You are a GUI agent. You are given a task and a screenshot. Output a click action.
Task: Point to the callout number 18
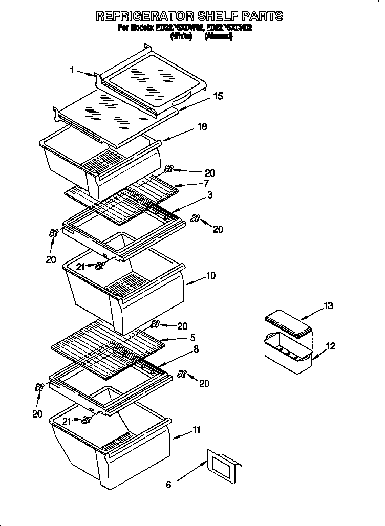(203, 126)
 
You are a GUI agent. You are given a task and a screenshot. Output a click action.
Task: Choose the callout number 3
(210, 195)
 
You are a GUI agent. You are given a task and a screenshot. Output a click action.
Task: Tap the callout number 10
(210, 276)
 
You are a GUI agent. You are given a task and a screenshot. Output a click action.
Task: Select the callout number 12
(330, 346)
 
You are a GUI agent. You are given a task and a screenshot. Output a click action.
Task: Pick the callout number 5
(192, 338)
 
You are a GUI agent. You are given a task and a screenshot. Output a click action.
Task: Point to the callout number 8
(196, 349)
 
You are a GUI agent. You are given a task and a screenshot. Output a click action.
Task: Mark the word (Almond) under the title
(219, 36)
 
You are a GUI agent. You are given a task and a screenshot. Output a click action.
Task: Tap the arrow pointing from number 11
(182, 435)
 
